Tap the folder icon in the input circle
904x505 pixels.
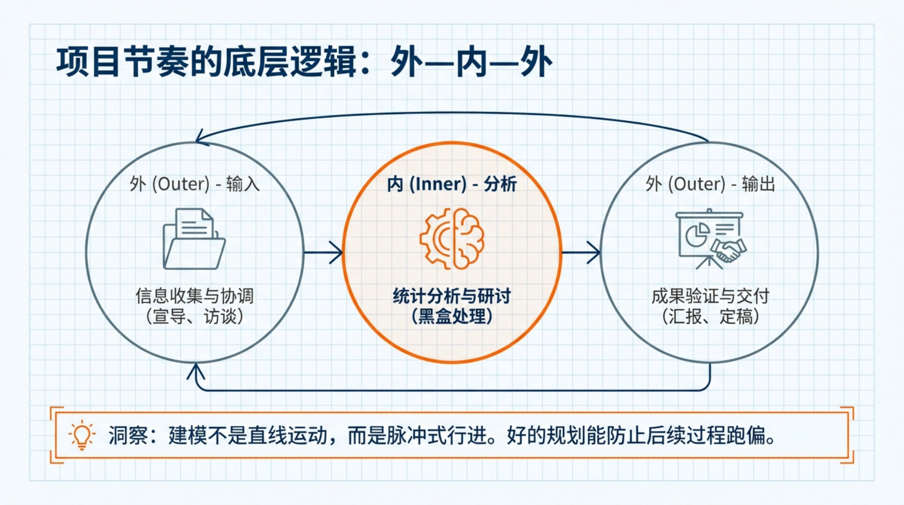(194, 239)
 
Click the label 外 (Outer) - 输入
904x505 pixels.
(194, 184)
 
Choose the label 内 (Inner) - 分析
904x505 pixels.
(452, 184)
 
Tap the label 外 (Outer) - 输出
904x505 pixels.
(710, 184)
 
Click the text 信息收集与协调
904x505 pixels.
(194, 296)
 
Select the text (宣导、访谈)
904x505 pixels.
(194, 317)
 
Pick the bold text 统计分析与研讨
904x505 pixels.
(452, 296)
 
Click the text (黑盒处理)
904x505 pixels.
(452, 317)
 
